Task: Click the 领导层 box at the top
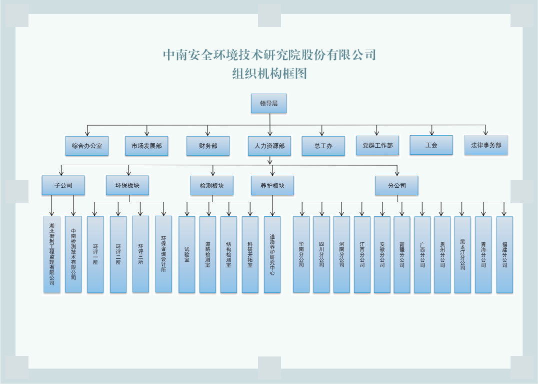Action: [x=268, y=104]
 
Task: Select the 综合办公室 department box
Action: [x=87, y=146]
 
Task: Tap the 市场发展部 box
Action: [x=146, y=146]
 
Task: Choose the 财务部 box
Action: [x=208, y=146]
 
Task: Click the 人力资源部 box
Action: [x=269, y=146]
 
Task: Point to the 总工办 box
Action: [x=323, y=146]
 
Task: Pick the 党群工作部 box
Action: [x=377, y=145]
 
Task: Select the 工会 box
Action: [x=431, y=145]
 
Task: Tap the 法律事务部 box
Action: [x=486, y=145]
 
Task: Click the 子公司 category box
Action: [x=63, y=185]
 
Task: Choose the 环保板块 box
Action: [x=127, y=185]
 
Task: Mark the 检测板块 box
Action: [x=212, y=185]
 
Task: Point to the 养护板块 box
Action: [x=272, y=185]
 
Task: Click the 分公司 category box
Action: [x=397, y=185]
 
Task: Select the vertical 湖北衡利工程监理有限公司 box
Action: [x=52, y=254]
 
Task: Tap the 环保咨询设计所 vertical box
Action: [x=163, y=254]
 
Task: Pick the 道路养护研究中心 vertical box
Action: [x=272, y=254]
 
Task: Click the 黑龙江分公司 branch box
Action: [x=462, y=254]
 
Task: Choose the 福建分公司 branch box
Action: [x=504, y=254]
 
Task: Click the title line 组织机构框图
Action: [x=269, y=74]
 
